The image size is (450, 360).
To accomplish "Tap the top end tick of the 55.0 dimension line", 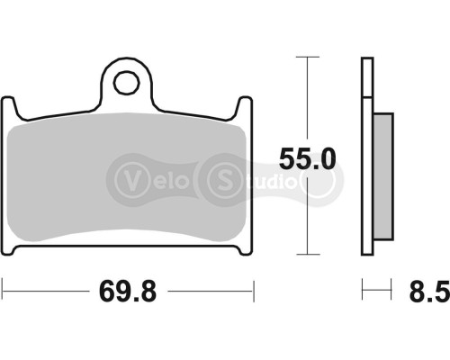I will tap(308, 58).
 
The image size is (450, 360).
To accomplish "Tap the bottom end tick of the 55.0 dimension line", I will tap(308, 255).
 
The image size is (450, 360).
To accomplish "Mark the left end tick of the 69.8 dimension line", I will tap(3, 290).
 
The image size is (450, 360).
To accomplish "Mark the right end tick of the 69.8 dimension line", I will tap(256, 290).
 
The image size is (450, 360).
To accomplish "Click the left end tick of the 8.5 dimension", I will tap(363, 290).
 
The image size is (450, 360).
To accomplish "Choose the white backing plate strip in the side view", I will tap(367, 162).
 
